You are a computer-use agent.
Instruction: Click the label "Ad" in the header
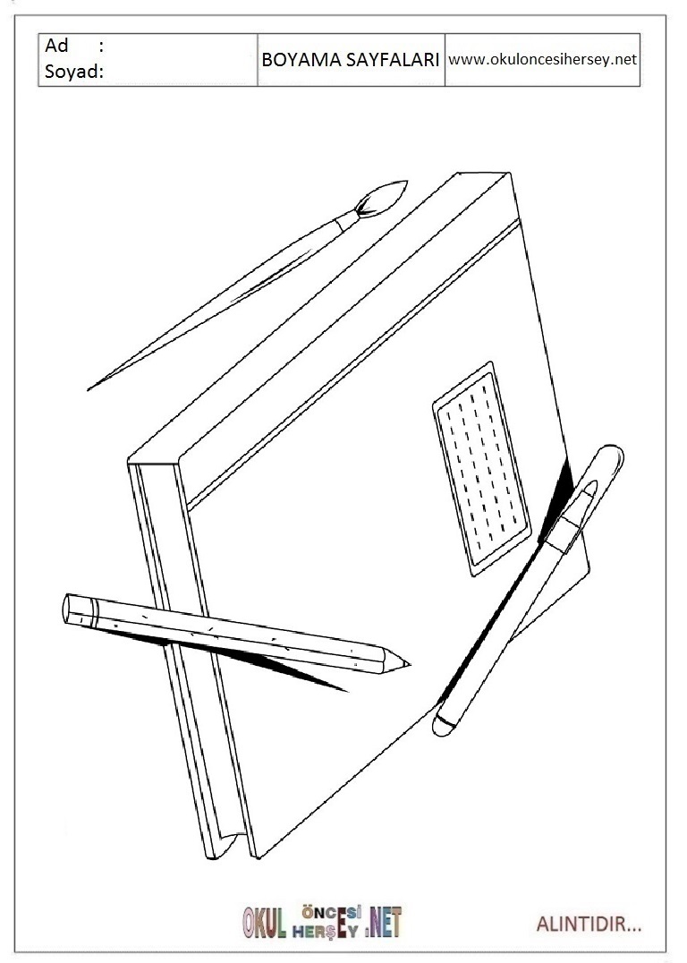click(55, 46)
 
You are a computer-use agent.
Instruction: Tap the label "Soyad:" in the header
click(74, 72)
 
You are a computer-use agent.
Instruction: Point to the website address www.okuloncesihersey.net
click(543, 60)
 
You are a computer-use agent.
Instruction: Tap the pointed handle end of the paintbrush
click(89, 388)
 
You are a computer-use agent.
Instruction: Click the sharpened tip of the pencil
click(409, 664)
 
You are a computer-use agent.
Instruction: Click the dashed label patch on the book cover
click(480, 469)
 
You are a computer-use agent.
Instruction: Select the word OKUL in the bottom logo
click(265, 923)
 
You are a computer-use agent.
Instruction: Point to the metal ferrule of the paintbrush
click(347, 219)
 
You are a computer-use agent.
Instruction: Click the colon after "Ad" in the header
click(101, 47)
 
